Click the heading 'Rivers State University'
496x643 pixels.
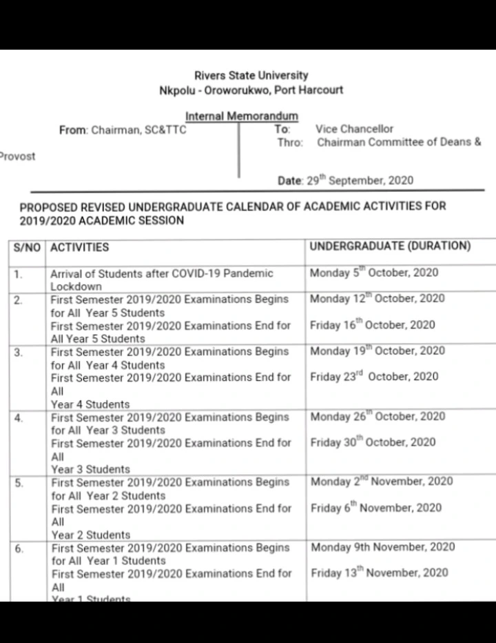251,76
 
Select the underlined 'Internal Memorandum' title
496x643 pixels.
242,117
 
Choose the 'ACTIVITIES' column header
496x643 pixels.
80,247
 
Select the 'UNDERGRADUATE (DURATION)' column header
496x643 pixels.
391,246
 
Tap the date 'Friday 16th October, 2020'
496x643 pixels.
372,325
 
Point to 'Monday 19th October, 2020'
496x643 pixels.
378,350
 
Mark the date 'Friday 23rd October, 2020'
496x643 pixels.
374,377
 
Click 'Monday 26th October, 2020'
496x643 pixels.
378,417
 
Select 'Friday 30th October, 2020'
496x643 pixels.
373,442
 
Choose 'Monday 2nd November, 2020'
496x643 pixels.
382,482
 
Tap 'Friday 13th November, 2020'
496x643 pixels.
379,573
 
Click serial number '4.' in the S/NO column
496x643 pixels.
19,418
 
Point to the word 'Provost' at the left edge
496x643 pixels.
17,156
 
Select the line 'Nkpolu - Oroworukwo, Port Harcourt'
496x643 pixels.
251,90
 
